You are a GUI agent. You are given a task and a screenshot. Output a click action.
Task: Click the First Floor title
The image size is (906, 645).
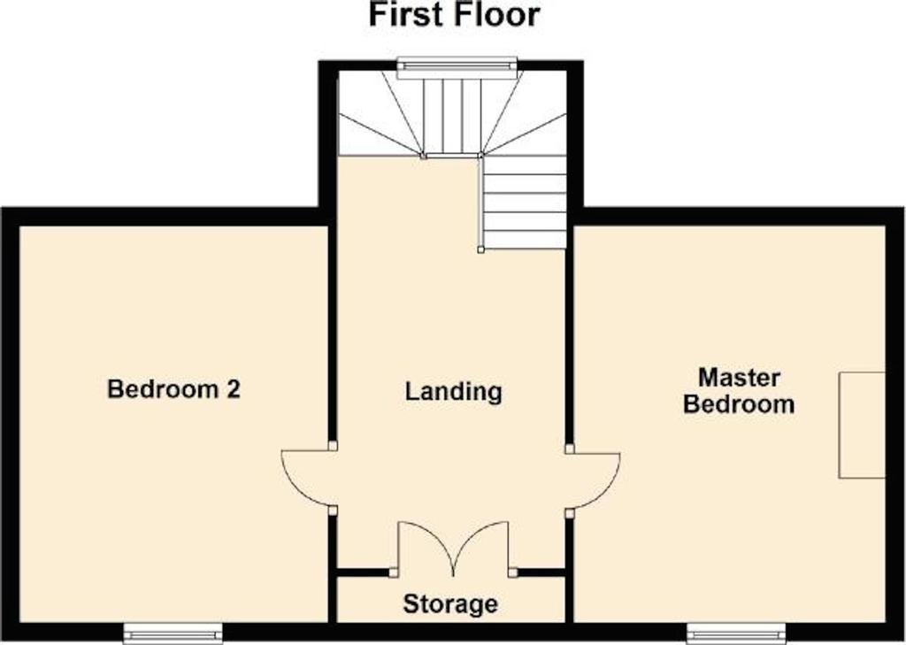[454, 15]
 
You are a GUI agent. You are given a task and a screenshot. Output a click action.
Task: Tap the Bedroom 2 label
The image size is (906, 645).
[174, 389]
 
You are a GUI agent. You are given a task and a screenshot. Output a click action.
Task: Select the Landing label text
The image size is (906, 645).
[454, 393]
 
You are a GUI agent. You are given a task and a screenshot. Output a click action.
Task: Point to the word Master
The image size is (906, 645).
[739, 378]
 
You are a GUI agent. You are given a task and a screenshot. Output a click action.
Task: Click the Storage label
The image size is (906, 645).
[450, 604]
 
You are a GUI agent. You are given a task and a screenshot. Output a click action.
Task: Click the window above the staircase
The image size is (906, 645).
[457, 67]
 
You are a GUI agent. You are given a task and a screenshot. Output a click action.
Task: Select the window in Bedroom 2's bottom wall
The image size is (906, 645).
[173, 633]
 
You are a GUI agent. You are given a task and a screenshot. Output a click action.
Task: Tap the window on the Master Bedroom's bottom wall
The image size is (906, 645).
[736, 633]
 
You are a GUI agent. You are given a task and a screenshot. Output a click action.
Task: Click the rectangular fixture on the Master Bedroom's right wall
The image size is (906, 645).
[862, 425]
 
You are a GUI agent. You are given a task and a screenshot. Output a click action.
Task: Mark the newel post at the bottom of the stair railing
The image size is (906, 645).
[480, 250]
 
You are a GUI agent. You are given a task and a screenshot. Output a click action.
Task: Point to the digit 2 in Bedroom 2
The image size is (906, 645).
[233, 389]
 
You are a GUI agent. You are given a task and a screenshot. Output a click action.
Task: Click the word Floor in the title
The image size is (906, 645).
[496, 15]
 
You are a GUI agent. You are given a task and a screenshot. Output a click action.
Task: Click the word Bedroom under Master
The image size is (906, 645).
[739, 404]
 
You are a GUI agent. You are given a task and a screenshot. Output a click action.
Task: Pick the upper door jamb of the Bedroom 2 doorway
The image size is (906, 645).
[333, 446]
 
